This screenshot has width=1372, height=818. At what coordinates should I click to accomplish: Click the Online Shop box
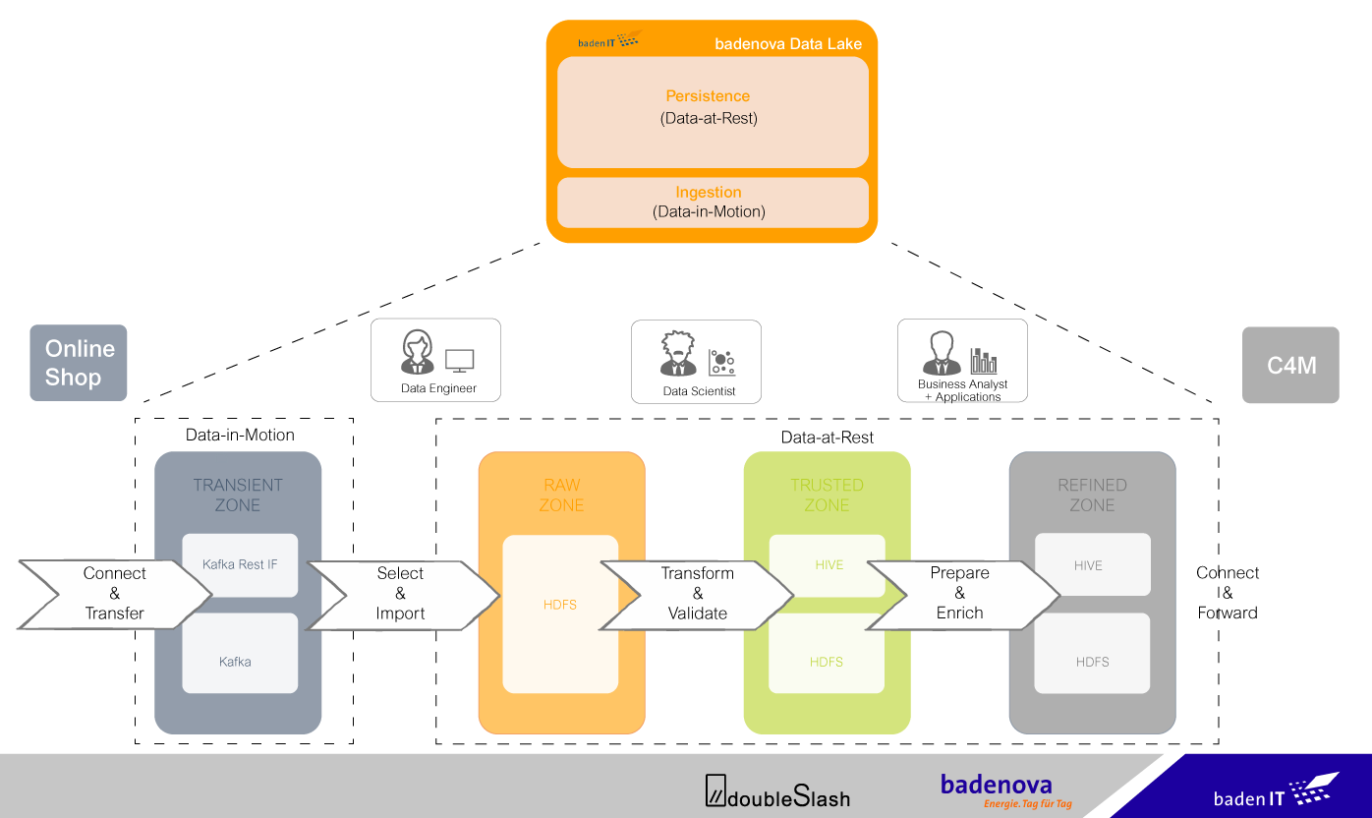(79, 363)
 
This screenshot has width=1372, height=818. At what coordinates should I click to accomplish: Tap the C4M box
(1290, 365)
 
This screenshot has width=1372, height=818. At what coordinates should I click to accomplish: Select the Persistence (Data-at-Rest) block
(712, 111)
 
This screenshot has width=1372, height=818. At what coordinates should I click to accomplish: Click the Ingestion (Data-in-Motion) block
(712, 203)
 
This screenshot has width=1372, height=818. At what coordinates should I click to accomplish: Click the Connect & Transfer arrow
(114, 594)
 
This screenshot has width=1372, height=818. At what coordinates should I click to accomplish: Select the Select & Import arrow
(401, 594)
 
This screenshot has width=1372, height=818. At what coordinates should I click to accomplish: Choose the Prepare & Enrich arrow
(960, 593)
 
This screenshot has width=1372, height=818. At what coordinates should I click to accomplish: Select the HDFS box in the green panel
(827, 661)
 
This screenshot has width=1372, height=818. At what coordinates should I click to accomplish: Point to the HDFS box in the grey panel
(1092, 662)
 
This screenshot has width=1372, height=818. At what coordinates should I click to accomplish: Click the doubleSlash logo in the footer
(777, 792)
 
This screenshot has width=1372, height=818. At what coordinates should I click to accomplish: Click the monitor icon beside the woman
(459, 361)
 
